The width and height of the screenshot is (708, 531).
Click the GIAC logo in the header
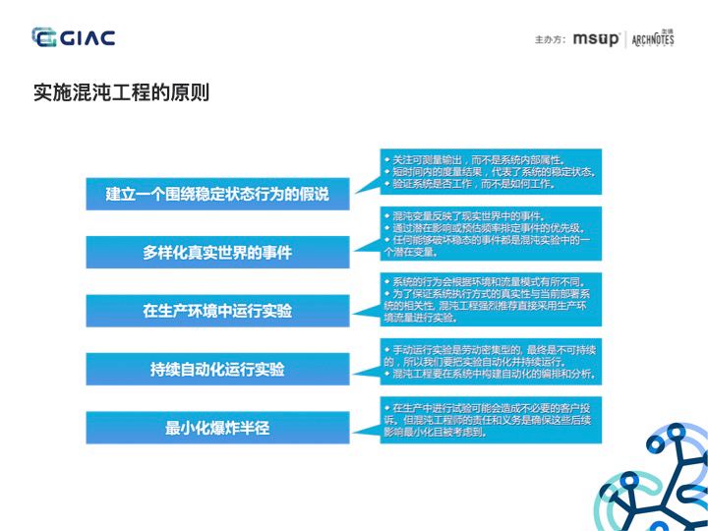(74, 38)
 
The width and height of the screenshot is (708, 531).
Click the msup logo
(597, 39)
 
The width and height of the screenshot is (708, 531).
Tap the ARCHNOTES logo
(653, 39)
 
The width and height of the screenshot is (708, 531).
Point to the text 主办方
(550, 40)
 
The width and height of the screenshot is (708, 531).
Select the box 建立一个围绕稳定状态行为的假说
(217, 195)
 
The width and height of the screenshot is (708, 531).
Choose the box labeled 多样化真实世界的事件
(217, 253)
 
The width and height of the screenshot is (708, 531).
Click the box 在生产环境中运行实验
(217, 311)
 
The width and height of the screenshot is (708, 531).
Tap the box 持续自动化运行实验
(217, 369)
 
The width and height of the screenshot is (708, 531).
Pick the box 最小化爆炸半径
(217, 428)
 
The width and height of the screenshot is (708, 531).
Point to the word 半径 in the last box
(253, 428)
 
